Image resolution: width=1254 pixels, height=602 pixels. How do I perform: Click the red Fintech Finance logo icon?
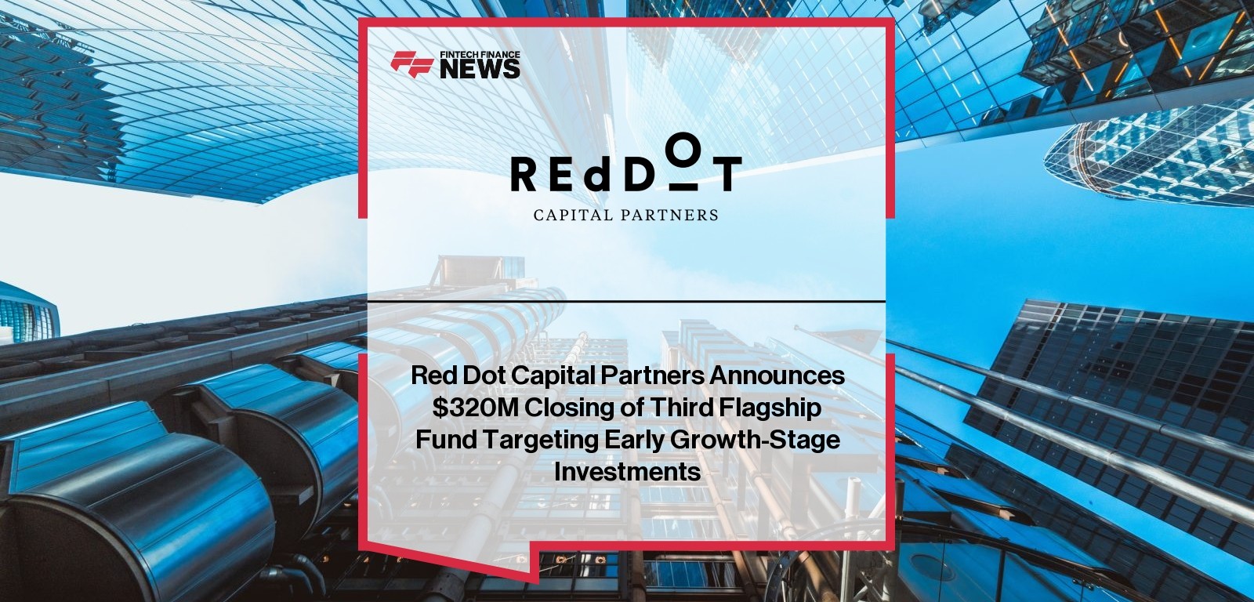pyautogui.click(x=412, y=63)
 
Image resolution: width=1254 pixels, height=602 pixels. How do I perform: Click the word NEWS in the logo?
pyautogui.click(x=480, y=69)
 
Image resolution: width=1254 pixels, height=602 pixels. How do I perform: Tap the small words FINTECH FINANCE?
pyautogui.click(x=480, y=55)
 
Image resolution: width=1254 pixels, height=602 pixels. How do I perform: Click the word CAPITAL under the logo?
pyautogui.click(x=573, y=215)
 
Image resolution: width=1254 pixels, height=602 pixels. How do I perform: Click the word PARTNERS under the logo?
pyautogui.click(x=671, y=215)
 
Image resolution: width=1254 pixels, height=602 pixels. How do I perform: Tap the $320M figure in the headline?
pyautogui.click(x=475, y=408)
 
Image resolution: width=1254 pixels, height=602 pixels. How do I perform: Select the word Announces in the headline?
pyautogui.click(x=777, y=375)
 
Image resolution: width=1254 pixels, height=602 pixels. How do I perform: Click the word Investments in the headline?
pyautogui.click(x=628, y=472)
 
